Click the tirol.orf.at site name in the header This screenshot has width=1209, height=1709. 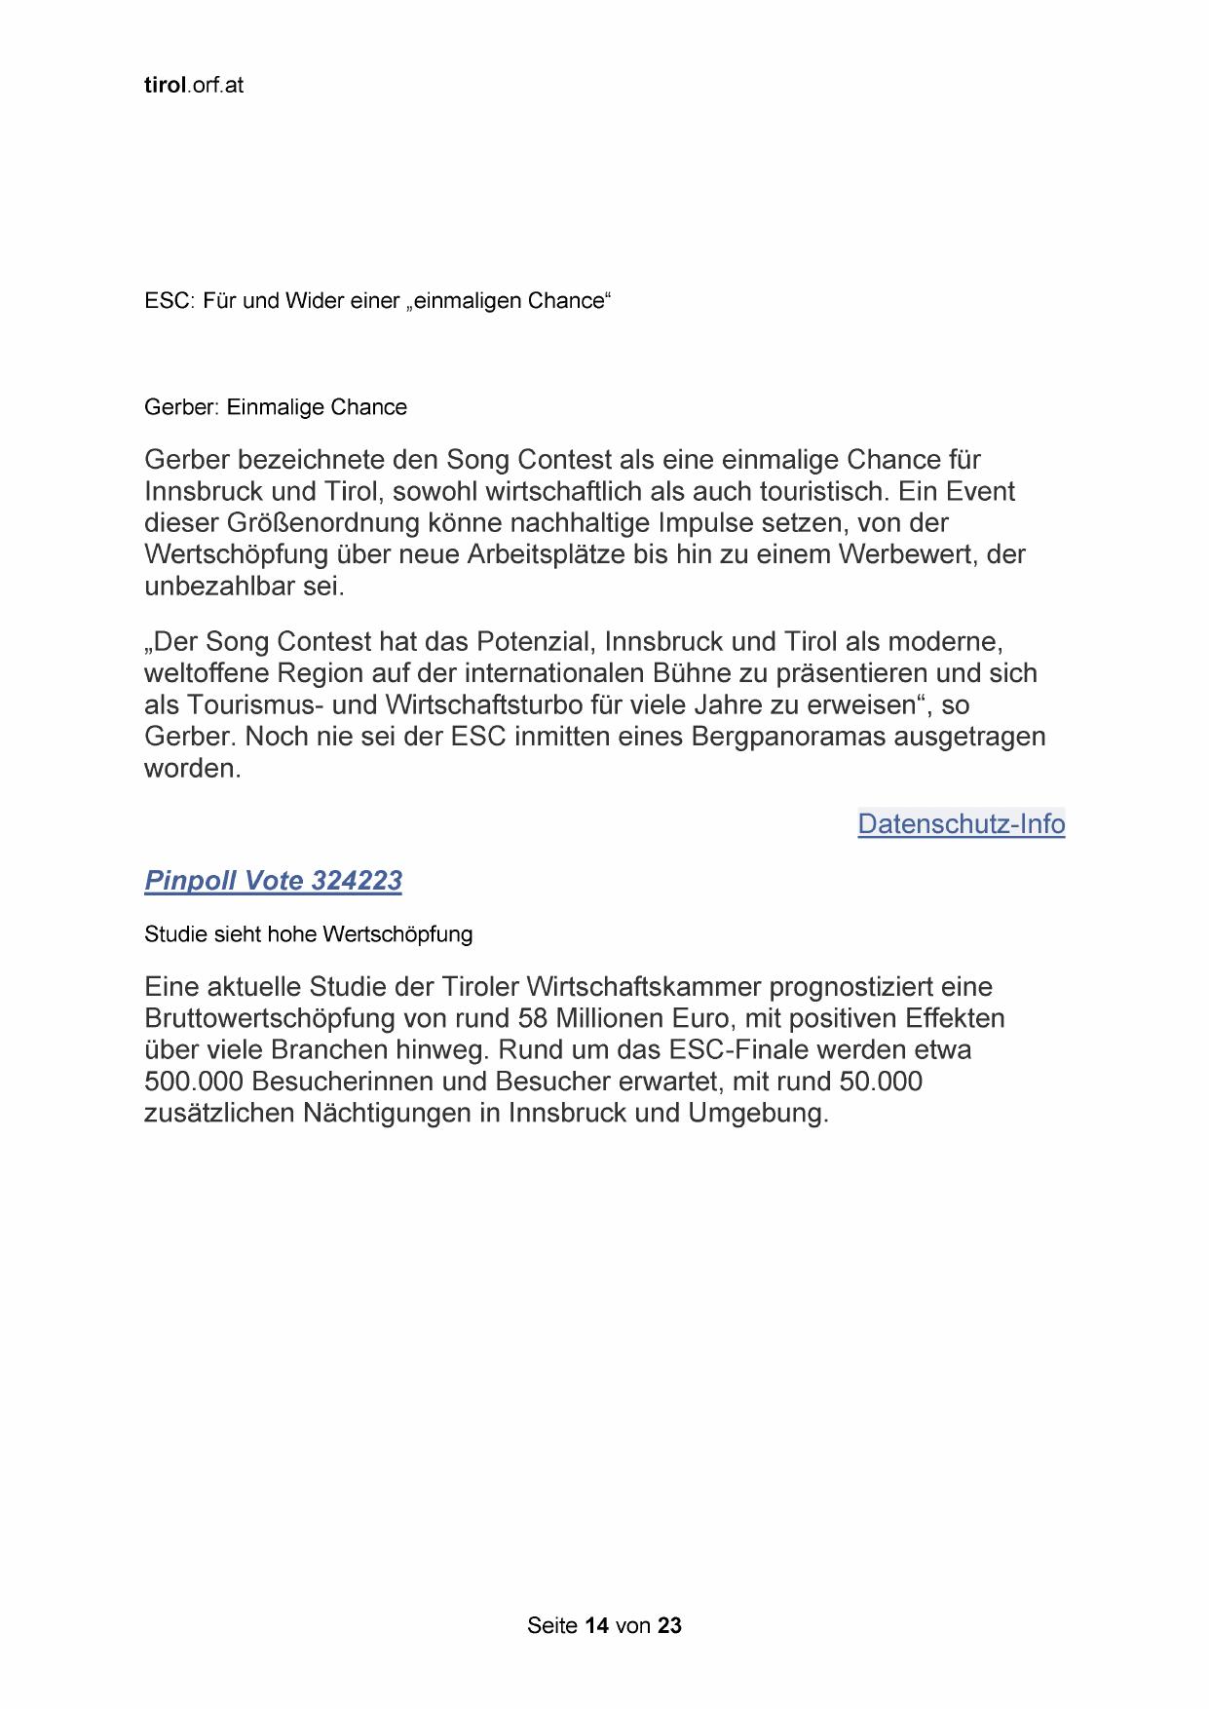click(193, 85)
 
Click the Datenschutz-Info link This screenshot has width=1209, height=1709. click(961, 824)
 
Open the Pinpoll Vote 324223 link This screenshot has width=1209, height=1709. click(273, 881)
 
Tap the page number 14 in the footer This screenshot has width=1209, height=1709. click(597, 1625)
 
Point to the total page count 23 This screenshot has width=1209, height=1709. click(669, 1625)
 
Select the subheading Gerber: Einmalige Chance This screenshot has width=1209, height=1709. click(276, 407)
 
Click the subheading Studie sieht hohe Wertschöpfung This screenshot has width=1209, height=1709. click(308, 934)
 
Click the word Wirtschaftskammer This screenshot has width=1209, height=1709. click(644, 987)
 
